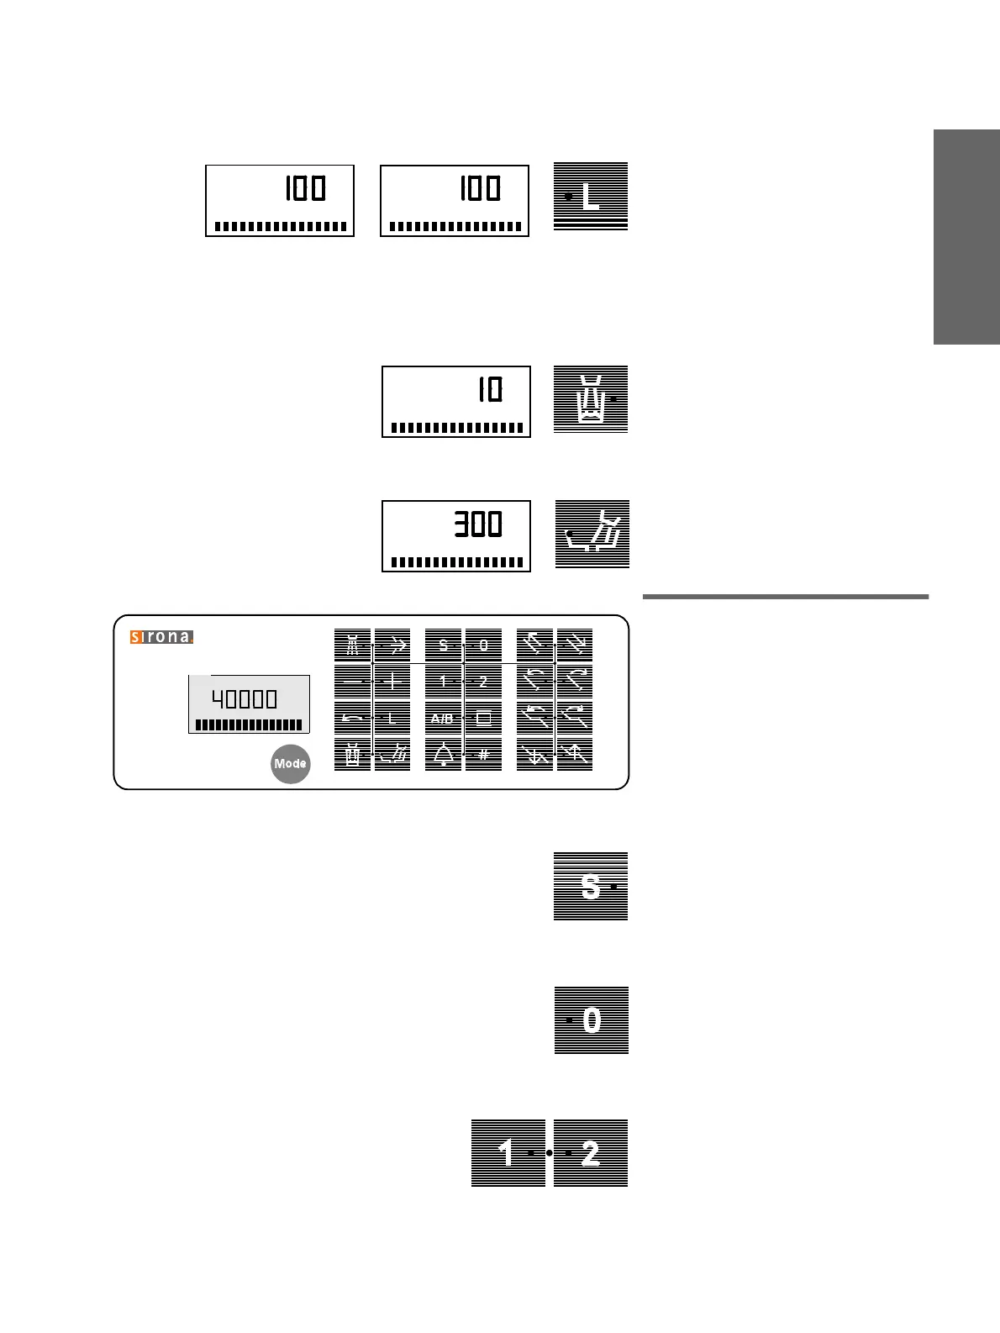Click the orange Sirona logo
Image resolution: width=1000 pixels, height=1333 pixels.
click(161, 637)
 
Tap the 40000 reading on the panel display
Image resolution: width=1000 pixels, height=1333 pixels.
click(245, 699)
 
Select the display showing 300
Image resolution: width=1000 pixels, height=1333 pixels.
click(456, 535)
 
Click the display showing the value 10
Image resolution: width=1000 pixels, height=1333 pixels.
click(456, 401)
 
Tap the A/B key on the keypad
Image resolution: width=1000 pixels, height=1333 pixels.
click(443, 719)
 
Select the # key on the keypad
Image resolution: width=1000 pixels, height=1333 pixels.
click(483, 754)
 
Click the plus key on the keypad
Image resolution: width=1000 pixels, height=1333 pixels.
click(392, 682)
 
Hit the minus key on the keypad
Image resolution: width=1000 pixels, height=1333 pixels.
click(353, 682)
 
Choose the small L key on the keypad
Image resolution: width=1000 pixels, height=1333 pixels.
click(392, 719)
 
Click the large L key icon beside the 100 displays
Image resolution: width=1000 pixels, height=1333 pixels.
click(591, 196)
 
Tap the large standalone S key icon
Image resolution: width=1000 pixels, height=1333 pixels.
click(591, 886)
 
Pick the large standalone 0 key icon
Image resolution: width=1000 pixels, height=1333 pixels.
click(592, 1020)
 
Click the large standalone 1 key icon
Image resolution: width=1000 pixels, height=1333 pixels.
click(508, 1152)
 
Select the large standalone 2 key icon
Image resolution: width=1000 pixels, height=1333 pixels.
click(591, 1152)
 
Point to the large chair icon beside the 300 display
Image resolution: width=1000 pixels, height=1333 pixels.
click(592, 535)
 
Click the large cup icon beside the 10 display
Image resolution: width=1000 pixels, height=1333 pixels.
click(591, 399)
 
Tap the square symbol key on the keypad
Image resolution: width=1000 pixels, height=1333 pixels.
click(483, 719)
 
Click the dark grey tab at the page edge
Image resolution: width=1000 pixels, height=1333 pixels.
click(966, 237)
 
